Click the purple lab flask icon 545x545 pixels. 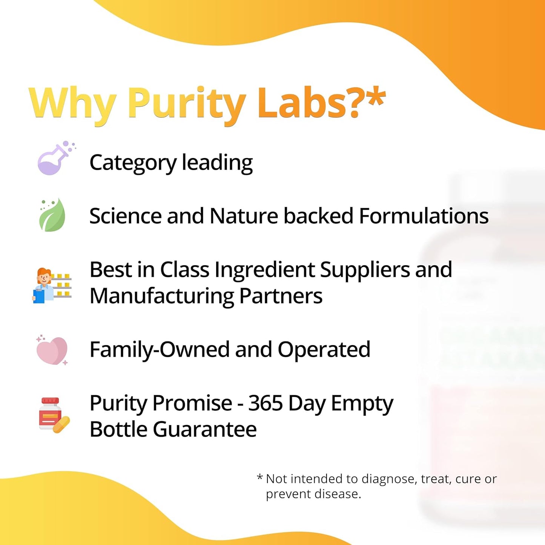[55, 159]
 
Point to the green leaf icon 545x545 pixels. [52, 215]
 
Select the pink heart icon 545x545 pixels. [52, 350]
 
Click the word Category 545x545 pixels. [133, 163]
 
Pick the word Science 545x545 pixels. [125, 216]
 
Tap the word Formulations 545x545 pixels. [424, 216]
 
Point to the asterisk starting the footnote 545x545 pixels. [260, 478]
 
